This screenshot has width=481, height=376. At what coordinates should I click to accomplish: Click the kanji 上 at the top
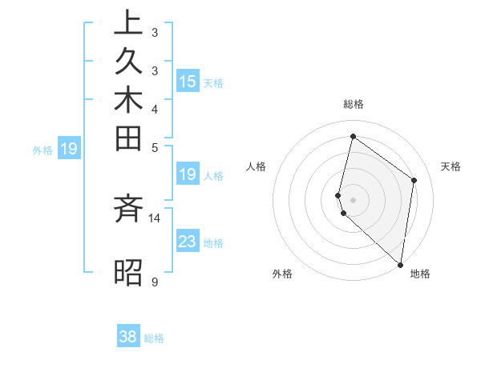(x=128, y=23)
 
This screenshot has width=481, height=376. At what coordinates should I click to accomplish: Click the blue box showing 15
(x=188, y=81)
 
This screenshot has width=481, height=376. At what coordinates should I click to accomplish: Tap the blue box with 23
(x=188, y=242)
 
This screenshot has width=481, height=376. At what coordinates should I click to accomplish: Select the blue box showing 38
(x=128, y=337)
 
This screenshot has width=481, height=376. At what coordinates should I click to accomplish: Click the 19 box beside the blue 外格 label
(x=70, y=148)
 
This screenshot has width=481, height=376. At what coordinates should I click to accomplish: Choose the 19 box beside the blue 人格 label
(x=188, y=174)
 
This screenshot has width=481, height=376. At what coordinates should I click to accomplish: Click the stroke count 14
(x=155, y=218)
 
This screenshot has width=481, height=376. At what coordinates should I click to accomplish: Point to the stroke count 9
(x=154, y=282)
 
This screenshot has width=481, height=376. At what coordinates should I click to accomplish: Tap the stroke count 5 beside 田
(x=155, y=147)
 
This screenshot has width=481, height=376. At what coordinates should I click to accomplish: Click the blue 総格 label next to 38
(x=155, y=338)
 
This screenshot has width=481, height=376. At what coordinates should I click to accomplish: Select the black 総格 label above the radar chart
(x=353, y=104)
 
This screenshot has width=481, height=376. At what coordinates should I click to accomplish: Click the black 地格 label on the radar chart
(x=420, y=274)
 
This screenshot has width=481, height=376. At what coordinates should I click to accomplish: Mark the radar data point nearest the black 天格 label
(x=414, y=180)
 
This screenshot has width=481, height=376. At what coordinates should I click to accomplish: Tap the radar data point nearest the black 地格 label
(x=400, y=265)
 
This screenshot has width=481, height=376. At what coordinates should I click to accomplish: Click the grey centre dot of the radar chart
(x=353, y=199)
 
